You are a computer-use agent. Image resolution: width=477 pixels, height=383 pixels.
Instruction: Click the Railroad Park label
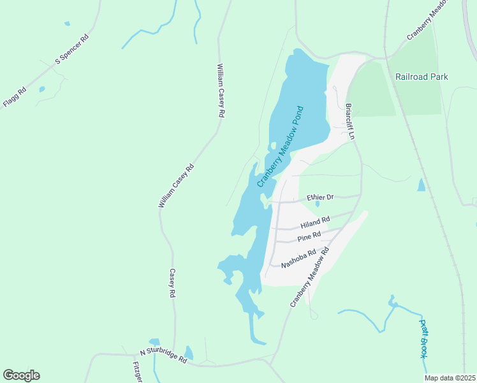421,77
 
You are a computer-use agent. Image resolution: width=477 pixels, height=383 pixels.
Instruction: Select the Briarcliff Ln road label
349,122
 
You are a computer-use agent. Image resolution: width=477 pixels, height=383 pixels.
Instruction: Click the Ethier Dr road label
320,198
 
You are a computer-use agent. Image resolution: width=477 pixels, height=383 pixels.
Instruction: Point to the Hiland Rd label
314,222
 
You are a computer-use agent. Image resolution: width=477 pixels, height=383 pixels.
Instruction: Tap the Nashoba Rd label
298,257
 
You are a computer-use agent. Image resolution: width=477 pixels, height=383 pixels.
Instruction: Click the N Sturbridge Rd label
163,356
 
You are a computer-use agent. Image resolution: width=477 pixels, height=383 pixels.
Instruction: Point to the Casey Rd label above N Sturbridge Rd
172,283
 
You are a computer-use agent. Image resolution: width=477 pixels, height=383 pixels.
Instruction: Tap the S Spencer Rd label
72,49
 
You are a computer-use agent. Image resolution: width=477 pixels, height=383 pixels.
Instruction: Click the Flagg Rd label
14,96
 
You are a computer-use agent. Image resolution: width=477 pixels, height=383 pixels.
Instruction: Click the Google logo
21,375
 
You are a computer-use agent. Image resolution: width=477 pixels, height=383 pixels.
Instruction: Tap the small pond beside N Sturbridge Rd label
189,353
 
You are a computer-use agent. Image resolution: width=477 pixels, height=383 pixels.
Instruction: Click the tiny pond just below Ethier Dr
318,204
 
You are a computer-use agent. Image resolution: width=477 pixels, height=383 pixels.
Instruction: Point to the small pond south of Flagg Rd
42,89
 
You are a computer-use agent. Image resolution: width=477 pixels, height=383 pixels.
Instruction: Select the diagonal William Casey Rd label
175,186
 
